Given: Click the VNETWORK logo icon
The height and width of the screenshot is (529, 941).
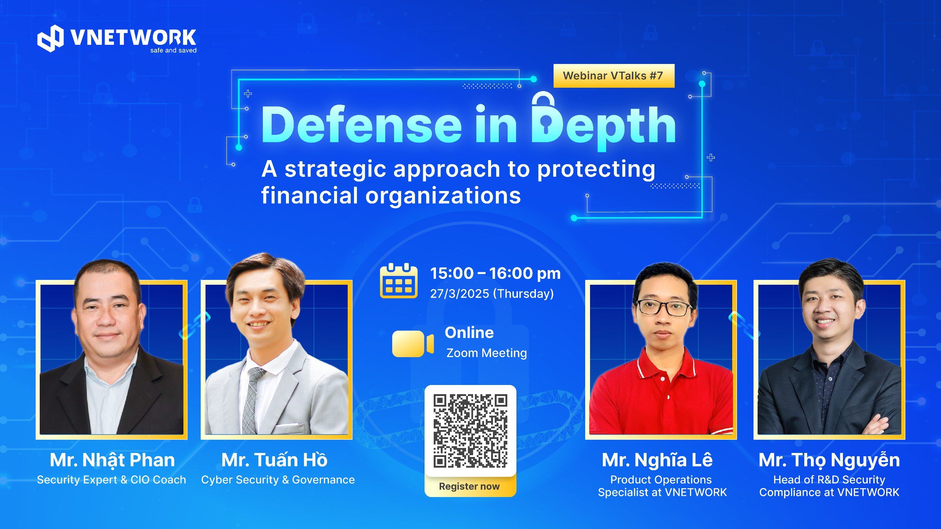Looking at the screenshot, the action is tap(50, 38).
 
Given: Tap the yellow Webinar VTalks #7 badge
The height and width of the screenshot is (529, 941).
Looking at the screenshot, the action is tap(614, 76).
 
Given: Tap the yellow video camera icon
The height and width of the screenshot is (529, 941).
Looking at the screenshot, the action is tap(413, 343).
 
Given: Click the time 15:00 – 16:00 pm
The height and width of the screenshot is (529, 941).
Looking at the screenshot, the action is tap(495, 273).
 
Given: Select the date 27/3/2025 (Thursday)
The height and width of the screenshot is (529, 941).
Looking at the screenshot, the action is tap(492, 294).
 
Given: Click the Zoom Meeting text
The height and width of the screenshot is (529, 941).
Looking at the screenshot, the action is tap(487, 353).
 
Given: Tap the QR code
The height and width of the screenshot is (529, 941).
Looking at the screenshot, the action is tap(470, 431).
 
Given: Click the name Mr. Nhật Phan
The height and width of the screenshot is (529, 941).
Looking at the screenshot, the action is tap(112, 460).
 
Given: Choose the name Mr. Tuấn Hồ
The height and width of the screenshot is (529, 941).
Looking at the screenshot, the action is tap(274, 460).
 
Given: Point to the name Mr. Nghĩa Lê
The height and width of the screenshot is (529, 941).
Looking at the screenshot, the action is tap(657, 460).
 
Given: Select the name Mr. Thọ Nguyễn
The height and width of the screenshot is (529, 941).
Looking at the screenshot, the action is tap(829, 460).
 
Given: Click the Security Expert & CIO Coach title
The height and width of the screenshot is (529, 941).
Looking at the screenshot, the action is tap(112, 480).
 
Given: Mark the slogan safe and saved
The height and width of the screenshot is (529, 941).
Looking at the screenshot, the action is tap(173, 50).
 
